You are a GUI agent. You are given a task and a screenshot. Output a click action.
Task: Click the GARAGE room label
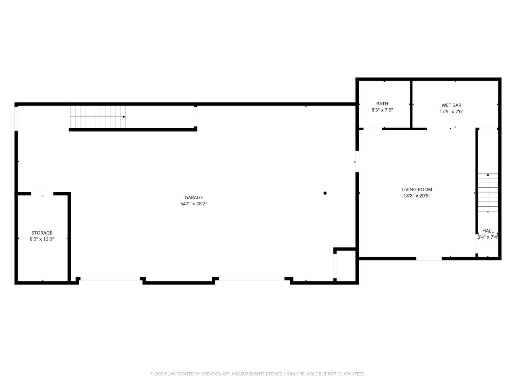[x=193, y=197]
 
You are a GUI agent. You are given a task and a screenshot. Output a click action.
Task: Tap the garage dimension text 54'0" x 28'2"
[x=193, y=204]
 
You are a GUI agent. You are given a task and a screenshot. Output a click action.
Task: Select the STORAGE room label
[x=42, y=233]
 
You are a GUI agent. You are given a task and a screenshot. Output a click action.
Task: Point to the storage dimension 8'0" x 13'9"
[x=42, y=239]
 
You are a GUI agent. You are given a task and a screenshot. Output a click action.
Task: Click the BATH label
[x=382, y=104]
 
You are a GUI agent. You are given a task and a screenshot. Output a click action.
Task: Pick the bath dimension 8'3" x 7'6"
[x=382, y=110]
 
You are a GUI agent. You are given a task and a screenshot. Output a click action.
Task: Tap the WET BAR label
[x=451, y=105]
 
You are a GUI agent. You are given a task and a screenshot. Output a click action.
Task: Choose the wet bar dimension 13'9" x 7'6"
[x=451, y=111]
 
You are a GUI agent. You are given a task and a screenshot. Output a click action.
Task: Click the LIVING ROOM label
[x=417, y=190]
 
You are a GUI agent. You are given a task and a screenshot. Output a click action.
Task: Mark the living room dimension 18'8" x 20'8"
[x=417, y=196]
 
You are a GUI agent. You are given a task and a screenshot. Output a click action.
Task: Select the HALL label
[x=488, y=231]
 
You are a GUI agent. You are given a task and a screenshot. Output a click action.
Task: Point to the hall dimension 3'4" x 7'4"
[x=488, y=237]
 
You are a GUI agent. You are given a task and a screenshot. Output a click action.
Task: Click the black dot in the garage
[x=325, y=193]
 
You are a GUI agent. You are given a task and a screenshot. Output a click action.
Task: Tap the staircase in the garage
[x=97, y=117]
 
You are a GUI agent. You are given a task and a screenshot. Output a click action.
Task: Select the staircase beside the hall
[x=488, y=192]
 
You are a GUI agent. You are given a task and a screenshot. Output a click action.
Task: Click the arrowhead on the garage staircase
[x=124, y=117]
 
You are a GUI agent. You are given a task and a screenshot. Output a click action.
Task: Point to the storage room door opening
[x=42, y=193]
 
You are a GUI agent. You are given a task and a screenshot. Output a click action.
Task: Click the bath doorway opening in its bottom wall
[x=373, y=129]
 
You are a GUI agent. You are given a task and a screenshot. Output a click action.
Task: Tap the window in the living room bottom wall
[x=429, y=258]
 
